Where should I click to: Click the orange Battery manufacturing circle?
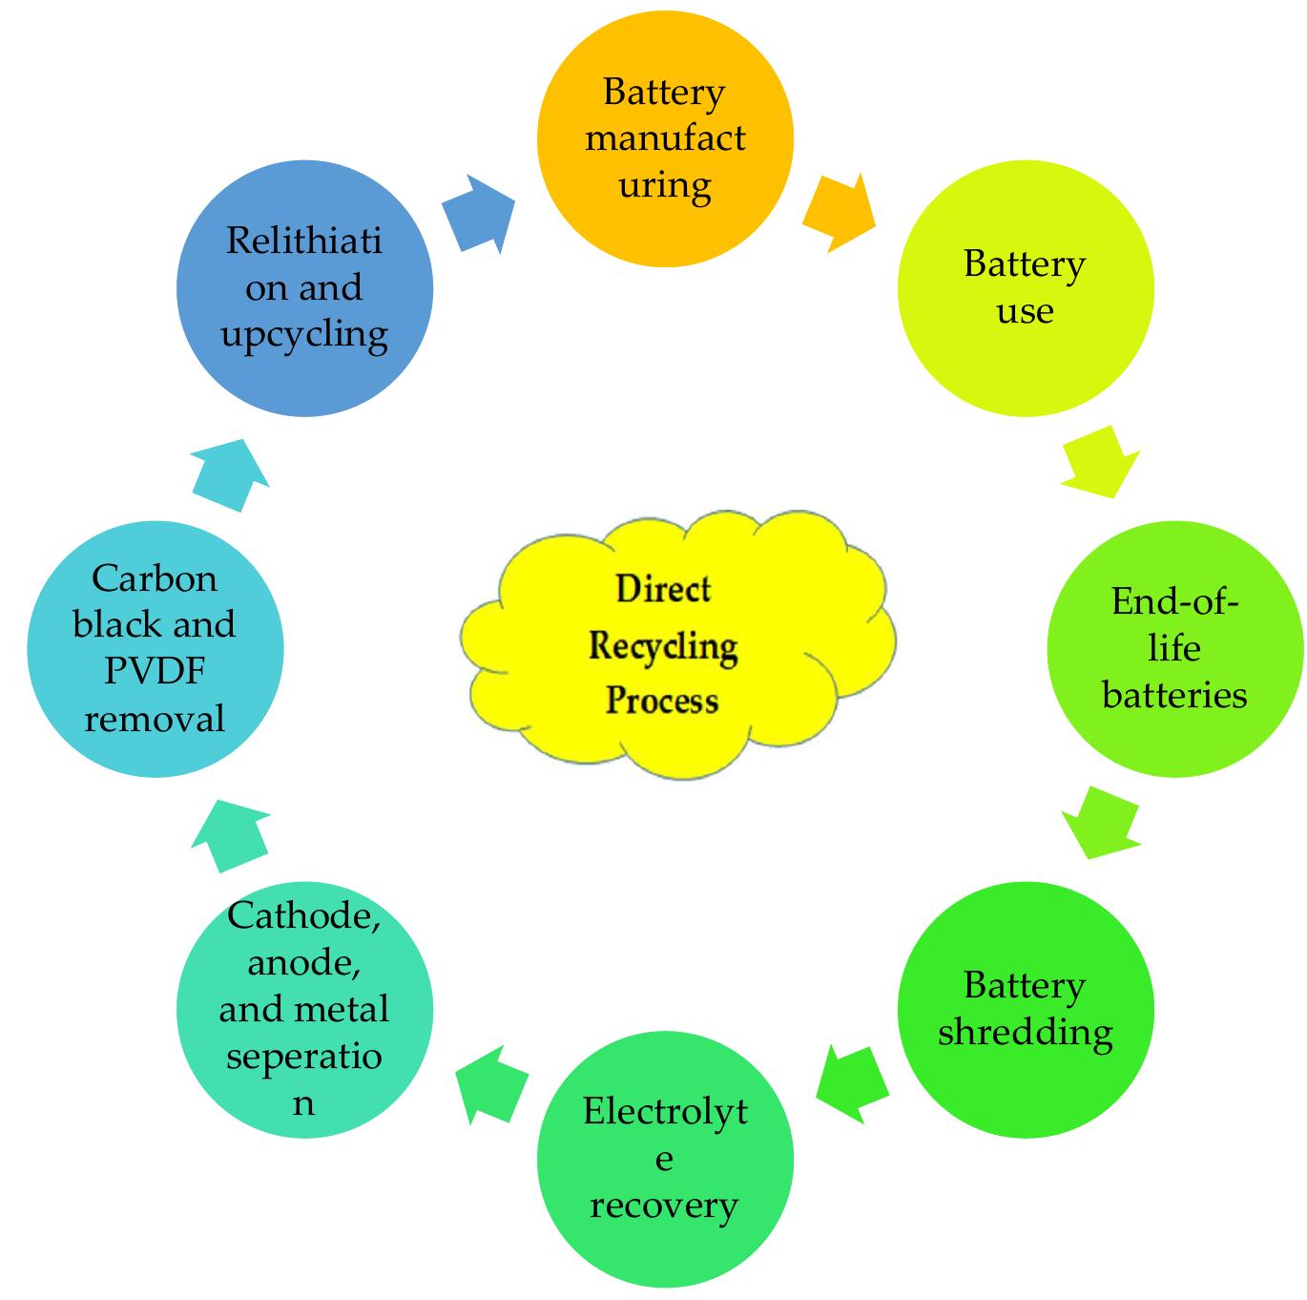[665, 139]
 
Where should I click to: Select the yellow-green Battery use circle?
[1026, 288]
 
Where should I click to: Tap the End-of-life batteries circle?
[1174, 649]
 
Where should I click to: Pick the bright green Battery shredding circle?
[1026, 1010]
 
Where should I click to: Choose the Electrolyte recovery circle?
[665, 1159]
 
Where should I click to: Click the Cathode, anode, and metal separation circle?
[304, 1010]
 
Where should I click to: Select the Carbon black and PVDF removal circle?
[156, 649]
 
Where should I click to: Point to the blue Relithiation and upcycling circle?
[304, 288]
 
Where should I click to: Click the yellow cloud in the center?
[677, 645]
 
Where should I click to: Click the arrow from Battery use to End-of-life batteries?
[1101, 463]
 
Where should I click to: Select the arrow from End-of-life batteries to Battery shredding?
[1102, 821]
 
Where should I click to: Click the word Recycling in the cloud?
[663, 646]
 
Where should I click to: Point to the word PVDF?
[155, 672]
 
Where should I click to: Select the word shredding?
[1026, 1033]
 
